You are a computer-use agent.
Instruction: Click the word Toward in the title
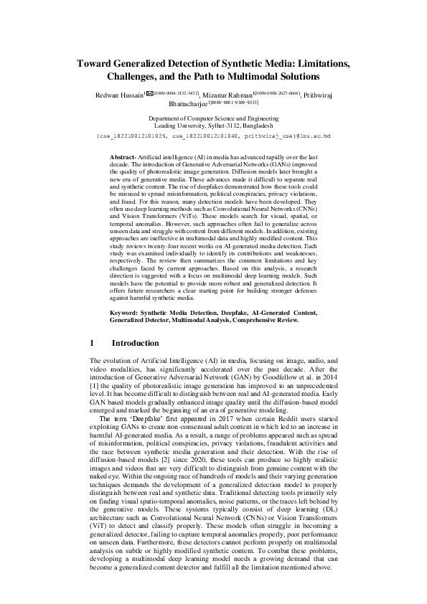[96, 63]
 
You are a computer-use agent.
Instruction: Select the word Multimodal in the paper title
[258, 76]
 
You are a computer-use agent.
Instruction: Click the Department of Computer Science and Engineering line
[213, 117]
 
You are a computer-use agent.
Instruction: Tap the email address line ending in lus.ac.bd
[213, 135]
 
